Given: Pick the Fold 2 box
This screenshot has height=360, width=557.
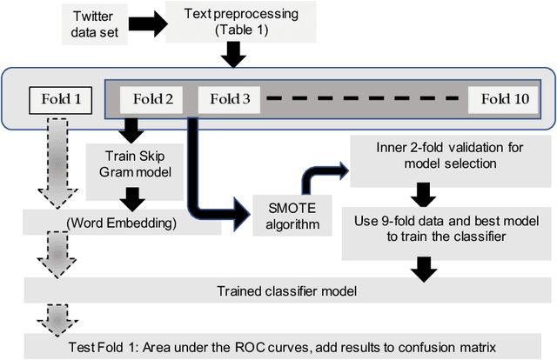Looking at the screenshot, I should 145,99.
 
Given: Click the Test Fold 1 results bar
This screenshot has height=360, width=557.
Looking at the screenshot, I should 280,345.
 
